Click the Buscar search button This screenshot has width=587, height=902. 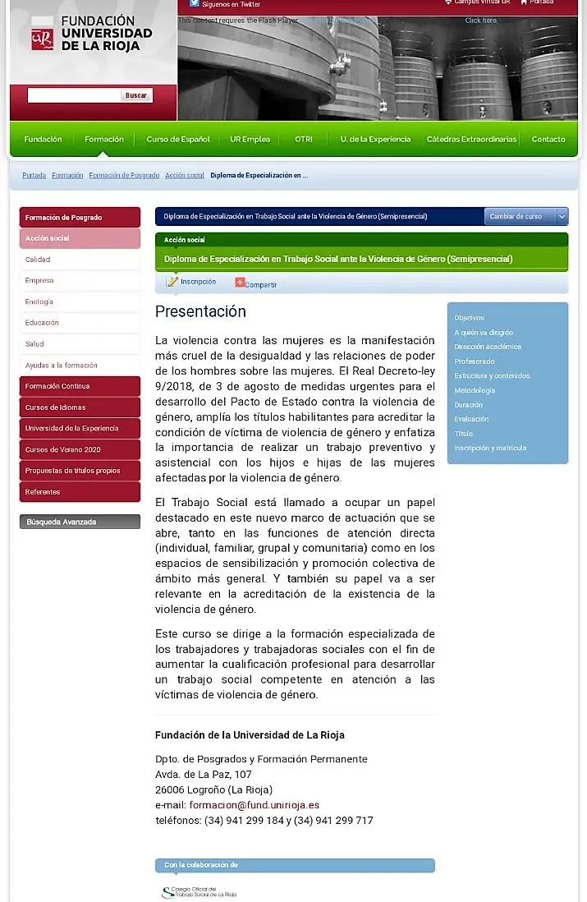pos(136,95)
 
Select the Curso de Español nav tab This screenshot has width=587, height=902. pos(178,140)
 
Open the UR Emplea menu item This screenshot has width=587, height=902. pos(250,140)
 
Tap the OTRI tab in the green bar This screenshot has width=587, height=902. pos(304,140)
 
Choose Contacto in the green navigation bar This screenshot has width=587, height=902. pos(548,140)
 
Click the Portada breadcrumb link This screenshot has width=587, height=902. pos(34,176)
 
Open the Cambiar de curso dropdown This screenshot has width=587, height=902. pos(525,217)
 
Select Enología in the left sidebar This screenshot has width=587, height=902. pos(39,302)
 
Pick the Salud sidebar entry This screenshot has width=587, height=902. pos(34,344)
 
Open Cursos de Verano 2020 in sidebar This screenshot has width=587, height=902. pos(62,450)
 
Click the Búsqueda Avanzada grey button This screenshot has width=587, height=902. pos(80,522)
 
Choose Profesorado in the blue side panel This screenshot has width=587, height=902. pos(475,361)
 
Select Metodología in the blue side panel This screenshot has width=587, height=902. pos(475,391)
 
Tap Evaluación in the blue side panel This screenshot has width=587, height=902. pos(471,420)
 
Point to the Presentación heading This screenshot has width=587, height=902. pos(200,312)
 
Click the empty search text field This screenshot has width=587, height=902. pos(74,95)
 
